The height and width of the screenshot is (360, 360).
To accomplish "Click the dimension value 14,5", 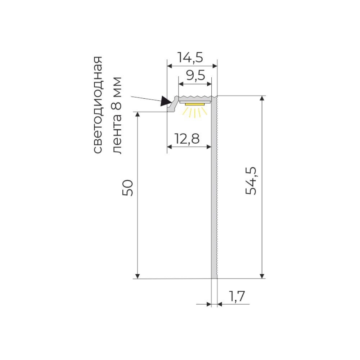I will [190, 57].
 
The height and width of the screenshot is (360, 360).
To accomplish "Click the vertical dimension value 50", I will [128, 188].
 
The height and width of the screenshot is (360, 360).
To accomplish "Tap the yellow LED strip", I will [194, 104].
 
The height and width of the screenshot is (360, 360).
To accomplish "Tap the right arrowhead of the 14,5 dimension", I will [215, 66].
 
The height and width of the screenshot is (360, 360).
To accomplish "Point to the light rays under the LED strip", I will [195, 112].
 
